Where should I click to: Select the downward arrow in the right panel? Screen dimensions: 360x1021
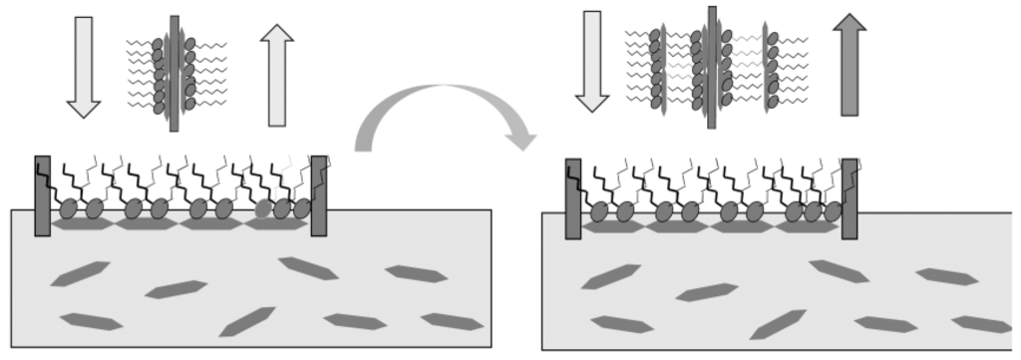pyautogui.click(x=592, y=61)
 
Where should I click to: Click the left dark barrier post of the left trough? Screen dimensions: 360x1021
pyautogui.click(x=42, y=195)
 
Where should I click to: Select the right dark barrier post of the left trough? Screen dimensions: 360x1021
pyautogui.click(x=319, y=195)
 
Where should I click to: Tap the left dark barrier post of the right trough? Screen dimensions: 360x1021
pyautogui.click(x=573, y=198)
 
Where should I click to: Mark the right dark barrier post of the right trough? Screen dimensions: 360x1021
pyautogui.click(x=850, y=198)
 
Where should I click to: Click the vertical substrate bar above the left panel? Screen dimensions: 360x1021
pyautogui.click(x=174, y=73)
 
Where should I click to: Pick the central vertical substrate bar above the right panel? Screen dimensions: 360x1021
pyautogui.click(x=712, y=67)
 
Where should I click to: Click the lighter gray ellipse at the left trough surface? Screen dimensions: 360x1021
pyautogui.click(x=263, y=209)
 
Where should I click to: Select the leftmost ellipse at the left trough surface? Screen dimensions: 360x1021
pyautogui.click(x=68, y=209)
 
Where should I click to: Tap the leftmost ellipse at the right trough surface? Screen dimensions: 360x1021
pyautogui.click(x=599, y=211)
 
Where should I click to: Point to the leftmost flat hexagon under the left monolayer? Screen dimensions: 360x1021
pyautogui.click(x=82, y=225)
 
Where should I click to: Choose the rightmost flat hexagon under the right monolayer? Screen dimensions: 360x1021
pyautogui.click(x=807, y=227)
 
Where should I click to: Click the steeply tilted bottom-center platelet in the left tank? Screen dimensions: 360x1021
pyautogui.click(x=246, y=321)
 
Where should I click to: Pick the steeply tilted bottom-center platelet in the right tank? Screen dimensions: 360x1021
pyautogui.click(x=777, y=324)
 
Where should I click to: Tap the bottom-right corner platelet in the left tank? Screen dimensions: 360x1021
pyautogui.click(x=452, y=321)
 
